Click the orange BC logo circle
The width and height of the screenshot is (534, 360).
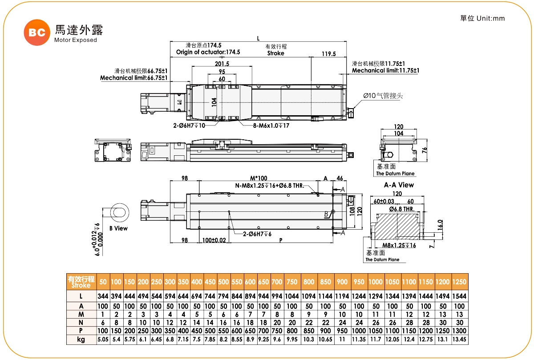pos(36,32)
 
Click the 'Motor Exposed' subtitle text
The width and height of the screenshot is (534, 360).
pos(75,40)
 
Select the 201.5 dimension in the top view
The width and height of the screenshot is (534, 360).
pos(222,64)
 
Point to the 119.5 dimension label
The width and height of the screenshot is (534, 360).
pos(328,53)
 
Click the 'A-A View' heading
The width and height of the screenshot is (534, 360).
pos(399,185)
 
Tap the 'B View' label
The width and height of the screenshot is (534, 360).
pos(118,228)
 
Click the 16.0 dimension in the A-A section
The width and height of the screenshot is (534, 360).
pos(440,224)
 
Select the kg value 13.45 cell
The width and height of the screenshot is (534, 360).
pos(459,340)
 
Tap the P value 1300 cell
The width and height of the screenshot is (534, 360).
pos(459,331)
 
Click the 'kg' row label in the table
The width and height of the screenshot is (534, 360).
pos(81,340)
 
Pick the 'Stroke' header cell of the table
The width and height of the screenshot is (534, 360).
pos(81,282)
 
